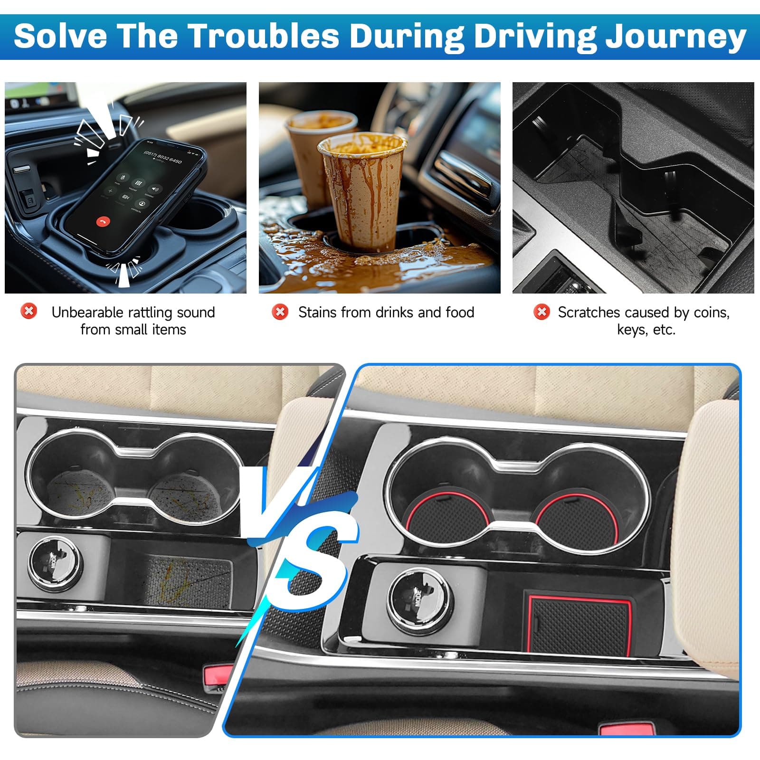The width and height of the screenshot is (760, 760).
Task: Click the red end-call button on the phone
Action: click(x=103, y=221)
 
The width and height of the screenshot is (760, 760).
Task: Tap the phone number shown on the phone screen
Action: click(x=162, y=155)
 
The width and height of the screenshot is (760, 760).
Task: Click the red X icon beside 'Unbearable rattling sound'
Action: click(x=28, y=312)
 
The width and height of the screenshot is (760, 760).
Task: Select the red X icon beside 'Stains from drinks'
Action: click(x=280, y=312)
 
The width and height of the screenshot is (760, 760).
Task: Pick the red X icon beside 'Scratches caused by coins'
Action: click(x=541, y=312)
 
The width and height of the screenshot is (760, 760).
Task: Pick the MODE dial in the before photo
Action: click(x=55, y=563)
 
